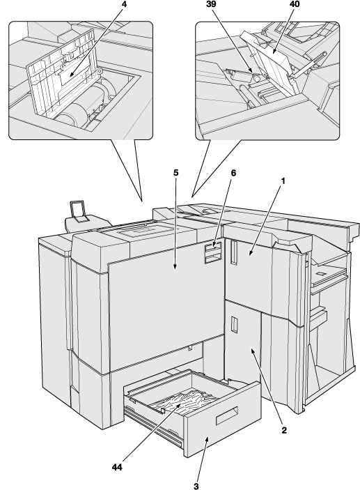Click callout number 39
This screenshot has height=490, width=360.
[x=211, y=5]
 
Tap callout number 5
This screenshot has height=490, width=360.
[x=175, y=173]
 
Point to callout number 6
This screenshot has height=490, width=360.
[x=233, y=173]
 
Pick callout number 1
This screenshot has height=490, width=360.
[x=283, y=181]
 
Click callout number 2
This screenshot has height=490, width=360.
[x=284, y=430]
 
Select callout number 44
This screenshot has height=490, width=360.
[x=117, y=467]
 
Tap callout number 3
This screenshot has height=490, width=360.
[x=196, y=487]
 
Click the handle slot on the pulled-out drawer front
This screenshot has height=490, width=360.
[x=227, y=415]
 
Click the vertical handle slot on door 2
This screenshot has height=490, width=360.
[x=234, y=324]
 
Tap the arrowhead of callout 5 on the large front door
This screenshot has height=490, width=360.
[x=175, y=267]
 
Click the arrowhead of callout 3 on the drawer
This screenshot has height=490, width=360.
[x=206, y=440]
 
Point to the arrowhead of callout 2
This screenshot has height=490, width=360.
[x=253, y=351]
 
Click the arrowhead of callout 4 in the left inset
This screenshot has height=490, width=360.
[x=71, y=75]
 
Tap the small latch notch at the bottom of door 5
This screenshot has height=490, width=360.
[x=190, y=348]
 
